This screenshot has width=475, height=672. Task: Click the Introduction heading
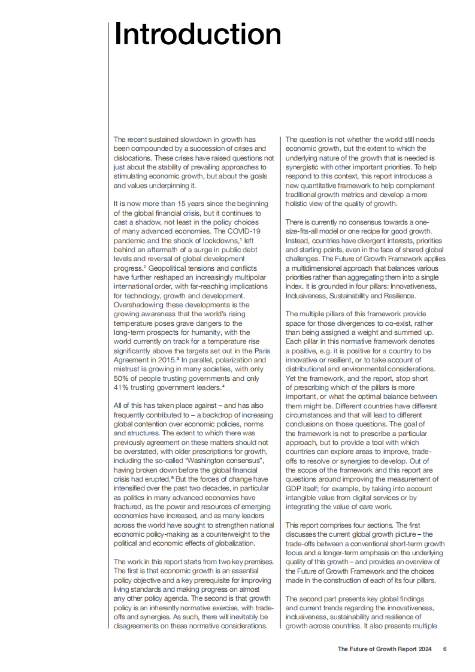click(198, 34)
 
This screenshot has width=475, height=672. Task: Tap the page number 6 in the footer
click(445, 649)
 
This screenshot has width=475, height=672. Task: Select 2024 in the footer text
click(424, 649)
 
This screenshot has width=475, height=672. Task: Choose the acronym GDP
click(293, 488)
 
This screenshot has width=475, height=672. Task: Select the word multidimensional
click(319, 268)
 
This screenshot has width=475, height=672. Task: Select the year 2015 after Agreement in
click(167, 360)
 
